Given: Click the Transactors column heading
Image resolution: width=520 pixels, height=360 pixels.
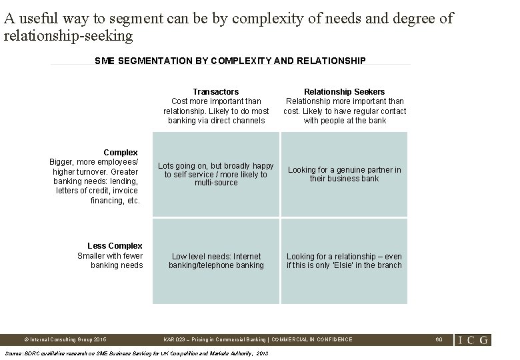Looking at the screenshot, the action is pos(215,91).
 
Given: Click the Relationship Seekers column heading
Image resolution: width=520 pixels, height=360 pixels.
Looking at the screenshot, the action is pos(344,91).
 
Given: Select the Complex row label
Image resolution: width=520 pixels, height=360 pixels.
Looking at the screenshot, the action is pos(121,153).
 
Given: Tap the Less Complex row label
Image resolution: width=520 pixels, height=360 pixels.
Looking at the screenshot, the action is pos(115,246).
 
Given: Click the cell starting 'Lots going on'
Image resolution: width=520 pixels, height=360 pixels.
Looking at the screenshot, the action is pos(215,174).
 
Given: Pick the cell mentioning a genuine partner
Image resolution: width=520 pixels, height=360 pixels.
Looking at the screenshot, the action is pos(344,174).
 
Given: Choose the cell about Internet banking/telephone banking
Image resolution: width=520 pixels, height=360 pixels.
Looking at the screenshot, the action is pos(216,261).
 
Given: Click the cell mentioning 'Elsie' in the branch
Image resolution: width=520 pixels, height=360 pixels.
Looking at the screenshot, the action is pos(344,261).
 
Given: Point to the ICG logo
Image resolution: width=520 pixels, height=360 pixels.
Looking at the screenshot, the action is pos(473,340).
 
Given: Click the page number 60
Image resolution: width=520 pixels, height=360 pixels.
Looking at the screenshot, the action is pos(439,340).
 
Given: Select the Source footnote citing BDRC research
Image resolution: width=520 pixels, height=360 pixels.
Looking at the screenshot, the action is pos(137,353).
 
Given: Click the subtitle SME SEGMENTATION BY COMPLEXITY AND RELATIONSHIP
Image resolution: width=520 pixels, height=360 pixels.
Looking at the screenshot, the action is pos(230,61).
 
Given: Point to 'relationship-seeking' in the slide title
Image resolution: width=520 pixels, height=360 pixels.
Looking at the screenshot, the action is pos(68,34).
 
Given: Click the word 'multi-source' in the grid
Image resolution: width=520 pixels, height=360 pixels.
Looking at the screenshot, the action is pos(216,183).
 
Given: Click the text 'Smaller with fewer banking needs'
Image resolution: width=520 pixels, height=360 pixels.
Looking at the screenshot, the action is pos(110,261).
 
